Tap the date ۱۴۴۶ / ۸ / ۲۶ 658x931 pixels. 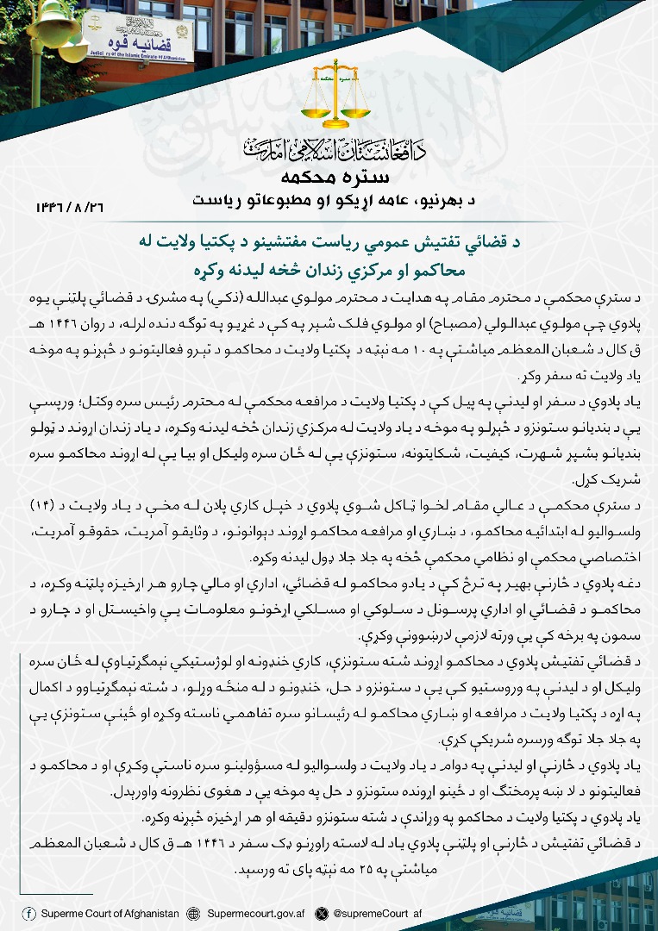coord(72,208)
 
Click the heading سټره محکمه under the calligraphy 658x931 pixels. coord(335,178)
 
